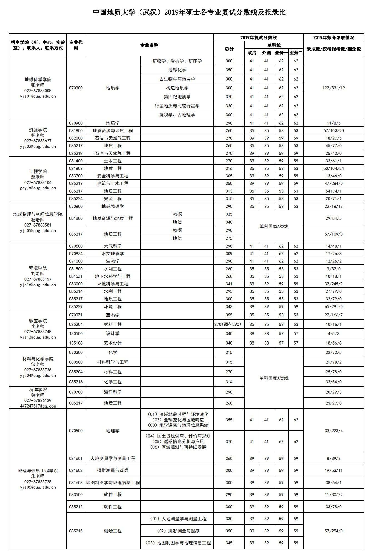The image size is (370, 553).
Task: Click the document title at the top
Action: point(189,12)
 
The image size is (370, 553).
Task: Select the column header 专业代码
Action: point(76,45)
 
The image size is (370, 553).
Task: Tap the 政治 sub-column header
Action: point(252,53)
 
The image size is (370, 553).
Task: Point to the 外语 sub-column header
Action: point(266,53)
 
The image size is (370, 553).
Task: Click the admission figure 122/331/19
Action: point(333,88)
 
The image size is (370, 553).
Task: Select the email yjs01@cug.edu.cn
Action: point(38,97)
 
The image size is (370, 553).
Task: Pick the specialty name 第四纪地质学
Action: point(177,97)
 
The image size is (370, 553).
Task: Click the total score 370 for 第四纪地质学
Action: point(229,97)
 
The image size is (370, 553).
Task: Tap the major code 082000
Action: point(76,138)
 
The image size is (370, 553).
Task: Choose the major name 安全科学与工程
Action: point(113,176)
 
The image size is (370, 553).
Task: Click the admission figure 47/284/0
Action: point(333,184)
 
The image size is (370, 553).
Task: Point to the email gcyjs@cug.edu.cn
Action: point(38,188)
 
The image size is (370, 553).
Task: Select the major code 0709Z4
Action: point(76,254)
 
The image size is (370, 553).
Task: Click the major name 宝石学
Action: point(113,315)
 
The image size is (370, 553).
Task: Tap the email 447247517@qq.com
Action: point(38,406)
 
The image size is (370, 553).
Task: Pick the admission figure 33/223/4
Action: point(333,431)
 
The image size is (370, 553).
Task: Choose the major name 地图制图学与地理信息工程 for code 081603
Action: point(113,483)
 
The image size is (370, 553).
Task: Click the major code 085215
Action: point(76,531)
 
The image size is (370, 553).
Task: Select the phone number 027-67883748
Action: point(38,332)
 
